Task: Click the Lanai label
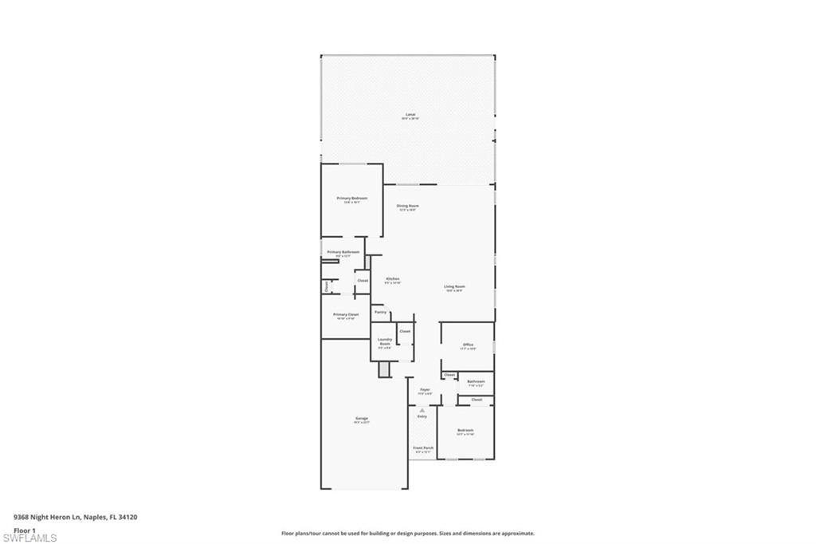pyautogui.click(x=410, y=114)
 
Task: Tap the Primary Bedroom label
pyautogui.click(x=351, y=198)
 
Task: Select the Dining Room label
pyautogui.click(x=408, y=206)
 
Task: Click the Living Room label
pyautogui.click(x=455, y=286)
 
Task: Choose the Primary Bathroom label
pyautogui.click(x=343, y=252)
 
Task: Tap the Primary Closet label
pyautogui.click(x=346, y=314)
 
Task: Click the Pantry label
pyautogui.click(x=380, y=312)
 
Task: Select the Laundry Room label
pyautogui.click(x=384, y=341)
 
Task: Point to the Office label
pyautogui.click(x=468, y=345)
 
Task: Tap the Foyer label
pyautogui.click(x=425, y=390)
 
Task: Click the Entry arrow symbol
pyautogui.click(x=422, y=410)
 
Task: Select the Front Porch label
pyautogui.click(x=423, y=448)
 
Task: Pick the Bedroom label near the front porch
pyautogui.click(x=465, y=431)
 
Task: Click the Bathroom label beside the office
pyautogui.click(x=476, y=381)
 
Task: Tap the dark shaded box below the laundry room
pyautogui.click(x=383, y=369)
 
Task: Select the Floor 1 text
pyautogui.click(x=25, y=530)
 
